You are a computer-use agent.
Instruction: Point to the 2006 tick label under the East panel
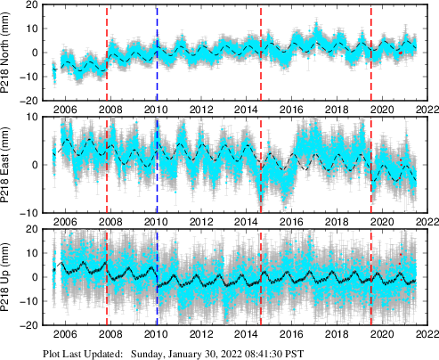tap(67, 222)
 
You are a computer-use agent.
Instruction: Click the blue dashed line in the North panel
tap(157, 53)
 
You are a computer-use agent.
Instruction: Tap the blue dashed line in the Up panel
tap(157, 278)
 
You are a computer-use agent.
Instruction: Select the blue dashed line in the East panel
tap(157, 165)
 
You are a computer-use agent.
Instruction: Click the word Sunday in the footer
tap(150, 353)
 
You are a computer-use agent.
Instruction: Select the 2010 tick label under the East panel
tap(157, 222)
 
